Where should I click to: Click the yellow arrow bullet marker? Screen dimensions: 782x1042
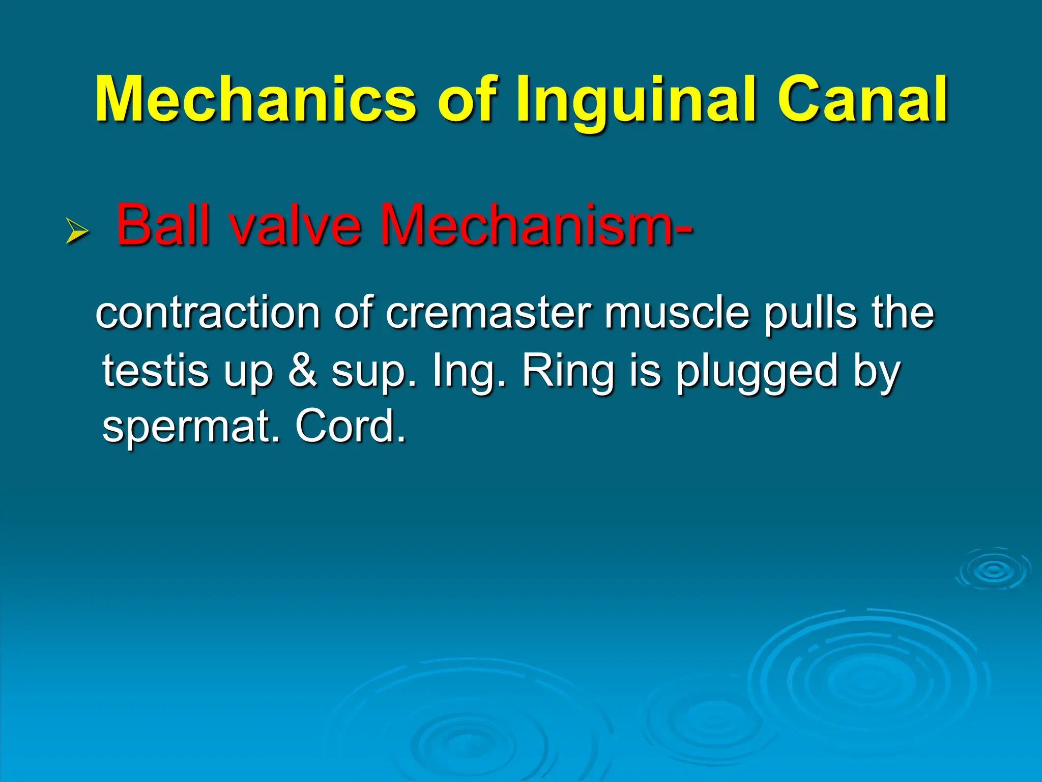pyautogui.click(x=77, y=232)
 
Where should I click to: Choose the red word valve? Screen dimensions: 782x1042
pyautogui.click(x=295, y=225)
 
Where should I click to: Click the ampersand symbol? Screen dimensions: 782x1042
pyautogui.click(x=304, y=370)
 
